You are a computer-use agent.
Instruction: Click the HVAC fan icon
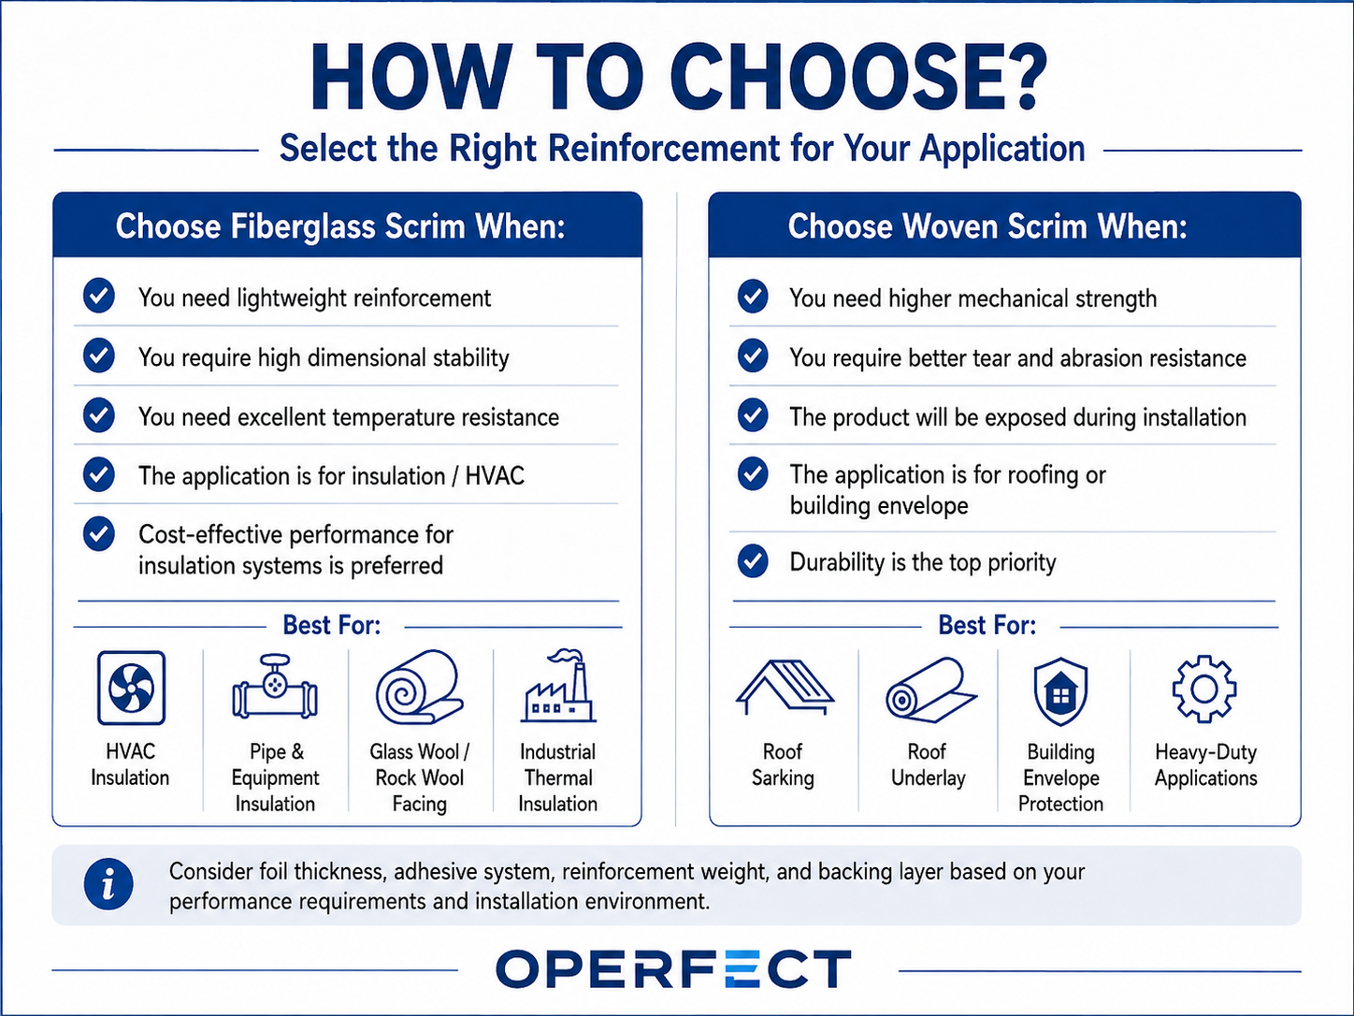pyautogui.click(x=131, y=688)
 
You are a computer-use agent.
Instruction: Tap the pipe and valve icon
pyautogui.click(x=275, y=687)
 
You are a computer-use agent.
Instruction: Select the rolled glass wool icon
pyautogui.click(x=420, y=687)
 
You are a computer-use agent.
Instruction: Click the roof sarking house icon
pyautogui.click(x=784, y=687)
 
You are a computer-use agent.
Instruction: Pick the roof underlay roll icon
pyautogui.click(x=930, y=689)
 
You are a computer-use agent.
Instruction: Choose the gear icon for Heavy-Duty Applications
pyautogui.click(x=1204, y=689)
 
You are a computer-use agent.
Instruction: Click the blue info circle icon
pyautogui.click(x=108, y=885)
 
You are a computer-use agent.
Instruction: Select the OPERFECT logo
pyautogui.click(x=673, y=968)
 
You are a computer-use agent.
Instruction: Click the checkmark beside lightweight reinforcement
pyautogui.click(x=99, y=296)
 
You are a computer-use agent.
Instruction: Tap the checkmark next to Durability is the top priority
pyautogui.click(x=753, y=560)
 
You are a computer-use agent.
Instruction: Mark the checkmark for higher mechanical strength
pyautogui.click(x=753, y=297)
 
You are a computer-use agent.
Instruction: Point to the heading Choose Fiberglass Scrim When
pyautogui.click(x=339, y=225)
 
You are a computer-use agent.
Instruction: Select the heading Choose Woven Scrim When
pyautogui.click(x=987, y=225)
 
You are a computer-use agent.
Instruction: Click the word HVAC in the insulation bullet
pyautogui.click(x=495, y=476)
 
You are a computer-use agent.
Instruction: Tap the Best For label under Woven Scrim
pyautogui.click(x=987, y=625)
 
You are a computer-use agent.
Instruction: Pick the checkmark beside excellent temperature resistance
pyautogui.click(x=99, y=414)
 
